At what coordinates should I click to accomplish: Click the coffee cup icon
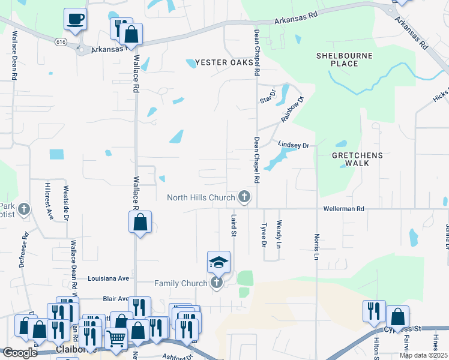coord(75,19)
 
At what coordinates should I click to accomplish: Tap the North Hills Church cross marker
coord(244,196)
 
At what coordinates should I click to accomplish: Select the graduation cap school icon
coord(218,262)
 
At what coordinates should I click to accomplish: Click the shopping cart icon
coord(116,338)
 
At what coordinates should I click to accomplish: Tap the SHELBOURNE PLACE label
coord(344,59)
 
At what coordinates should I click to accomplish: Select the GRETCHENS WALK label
coord(357,155)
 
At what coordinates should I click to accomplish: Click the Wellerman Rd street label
coord(343,209)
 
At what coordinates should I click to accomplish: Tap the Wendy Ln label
coord(279,234)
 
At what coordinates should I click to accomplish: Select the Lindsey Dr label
coord(294,145)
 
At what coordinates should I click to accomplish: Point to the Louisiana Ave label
coord(108,278)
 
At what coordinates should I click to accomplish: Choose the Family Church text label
coord(181,283)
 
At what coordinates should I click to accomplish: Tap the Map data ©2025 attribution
coord(423,355)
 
